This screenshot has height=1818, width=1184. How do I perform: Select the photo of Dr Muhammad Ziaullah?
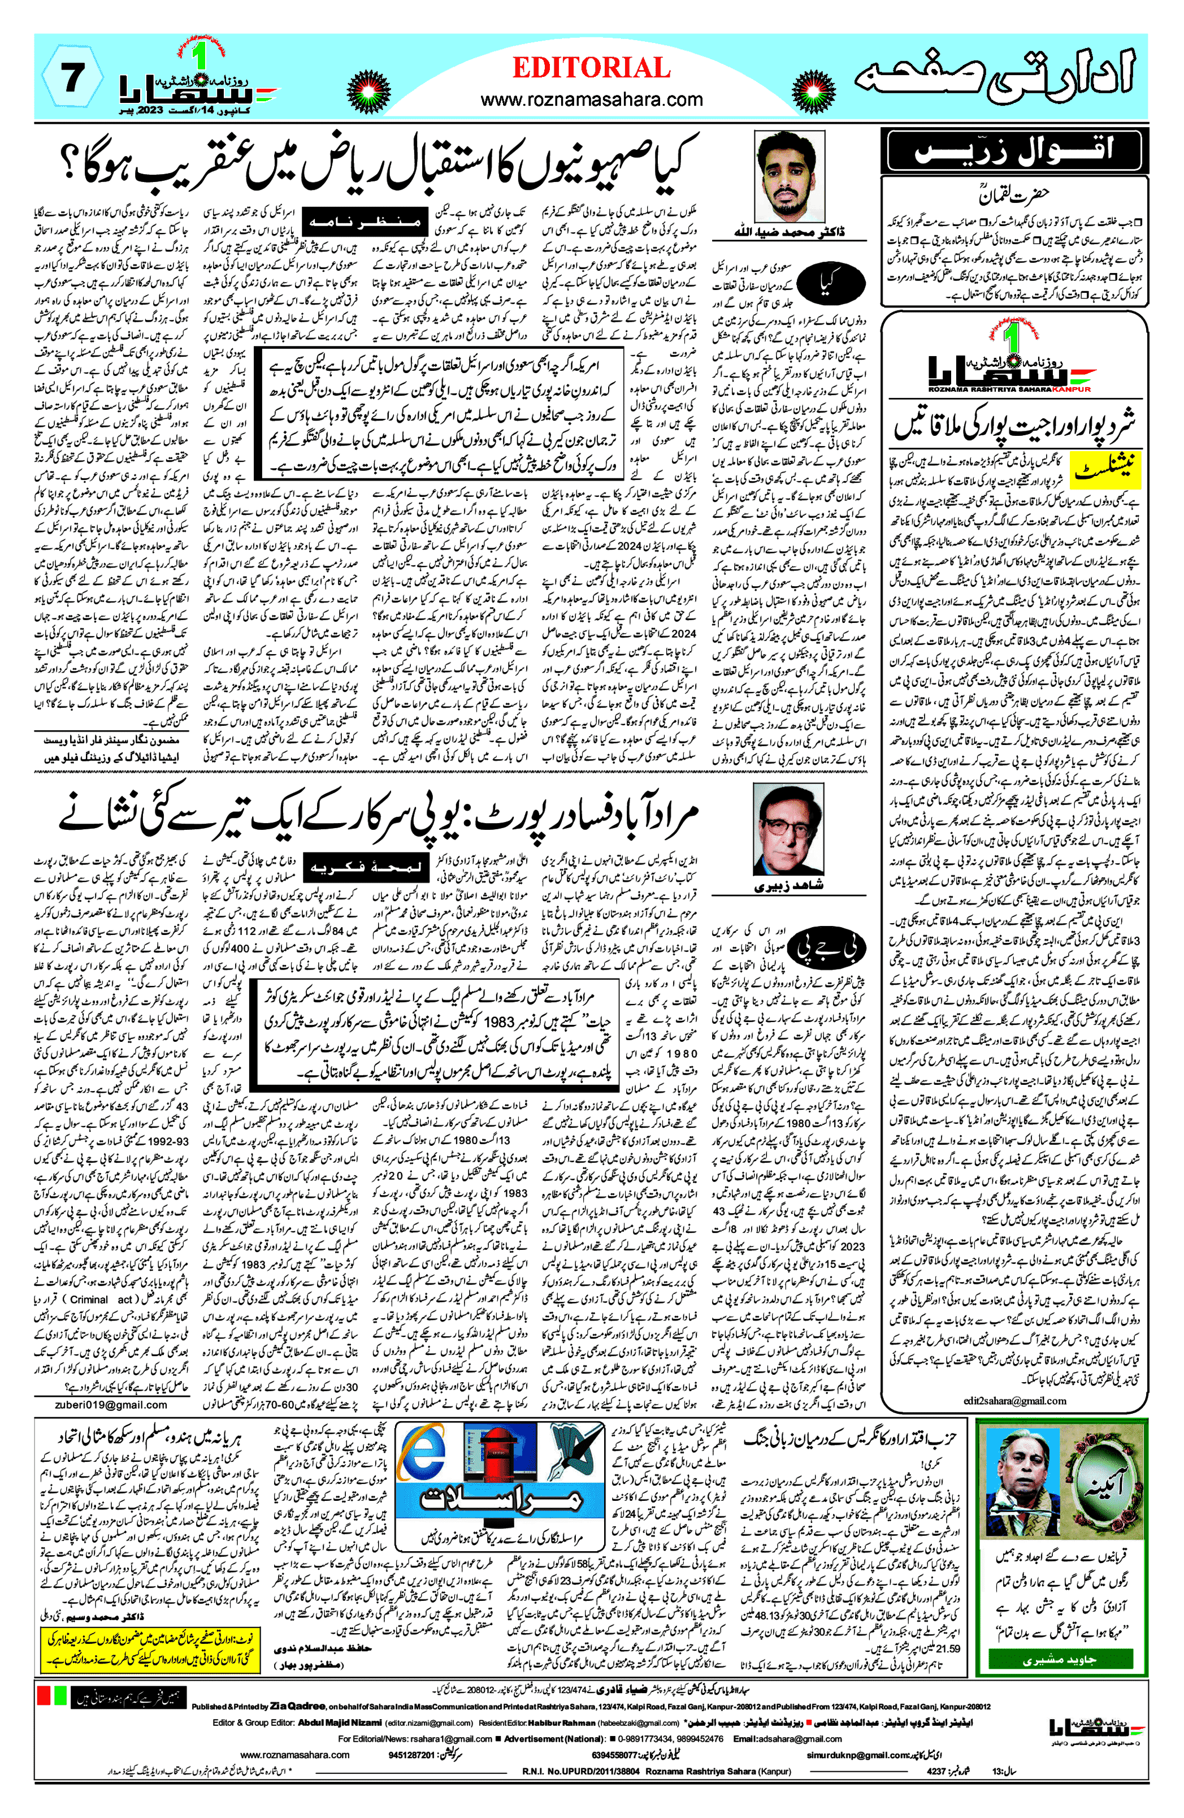click(789, 176)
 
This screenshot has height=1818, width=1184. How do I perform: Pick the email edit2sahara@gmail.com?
click(1014, 1400)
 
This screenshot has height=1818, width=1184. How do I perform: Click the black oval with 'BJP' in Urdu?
click(829, 949)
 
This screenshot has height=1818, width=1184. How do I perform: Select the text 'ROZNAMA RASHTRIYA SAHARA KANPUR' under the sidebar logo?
click(1010, 389)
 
